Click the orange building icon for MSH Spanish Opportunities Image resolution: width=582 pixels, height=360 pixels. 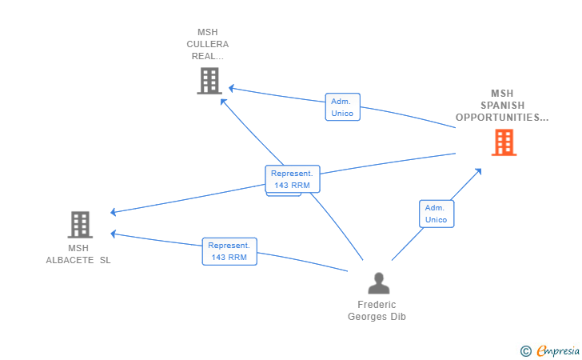(504, 142)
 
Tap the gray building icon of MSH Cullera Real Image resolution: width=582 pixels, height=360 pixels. (209, 81)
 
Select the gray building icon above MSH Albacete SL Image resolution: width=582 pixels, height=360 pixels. (79, 225)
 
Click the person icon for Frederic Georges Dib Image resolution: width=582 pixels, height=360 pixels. (378, 283)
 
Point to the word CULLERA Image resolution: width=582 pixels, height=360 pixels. (208, 44)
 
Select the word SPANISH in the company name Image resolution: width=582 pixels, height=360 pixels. (502, 106)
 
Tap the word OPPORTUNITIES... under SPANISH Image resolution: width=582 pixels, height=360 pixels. (502, 118)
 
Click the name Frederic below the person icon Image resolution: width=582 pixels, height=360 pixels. (377, 305)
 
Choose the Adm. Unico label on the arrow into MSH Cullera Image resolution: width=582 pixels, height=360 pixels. (343, 107)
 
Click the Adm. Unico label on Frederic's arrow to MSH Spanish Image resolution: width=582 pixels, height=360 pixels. (436, 214)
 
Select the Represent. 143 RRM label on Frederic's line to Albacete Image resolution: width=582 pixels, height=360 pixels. (229, 251)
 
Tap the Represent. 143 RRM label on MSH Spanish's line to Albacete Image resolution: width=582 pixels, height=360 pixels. (293, 179)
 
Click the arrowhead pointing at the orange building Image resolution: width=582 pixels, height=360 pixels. (478, 170)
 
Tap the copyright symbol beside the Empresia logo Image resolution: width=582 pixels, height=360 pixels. (525, 350)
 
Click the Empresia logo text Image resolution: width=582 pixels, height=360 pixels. (555, 350)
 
